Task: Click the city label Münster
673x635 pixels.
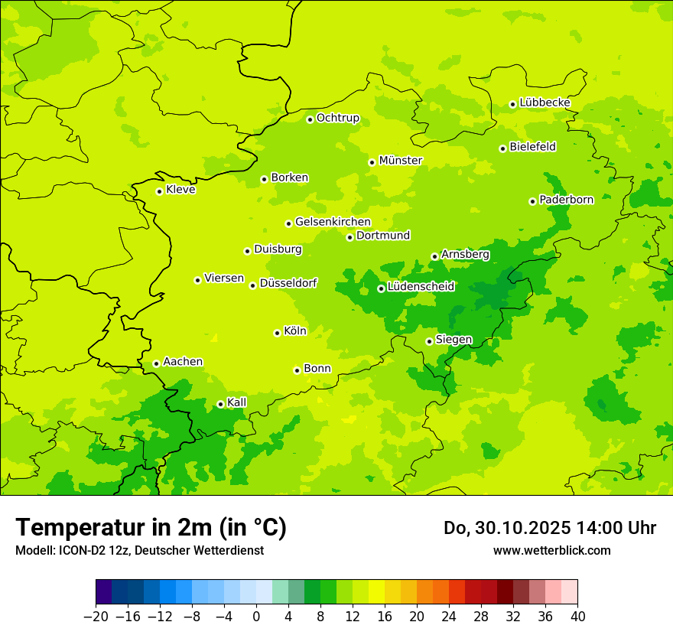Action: (x=400, y=161)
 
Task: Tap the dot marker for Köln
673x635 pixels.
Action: (x=277, y=333)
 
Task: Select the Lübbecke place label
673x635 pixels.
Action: (x=545, y=103)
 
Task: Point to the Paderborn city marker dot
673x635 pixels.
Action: (x=532, y=201)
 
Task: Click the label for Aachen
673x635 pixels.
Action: (x=183, y=362)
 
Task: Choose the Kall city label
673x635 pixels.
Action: (x=236, y=402)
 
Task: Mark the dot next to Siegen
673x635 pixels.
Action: (x=429, y=341)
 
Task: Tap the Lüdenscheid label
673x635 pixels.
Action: (x=421, y=287)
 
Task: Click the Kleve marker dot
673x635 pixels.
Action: (x=159, y=191)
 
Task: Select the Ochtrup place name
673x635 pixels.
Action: (x=337, y=118)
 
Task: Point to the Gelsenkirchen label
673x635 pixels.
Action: (x=333, y=222)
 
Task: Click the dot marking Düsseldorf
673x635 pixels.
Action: (x=252, y=285)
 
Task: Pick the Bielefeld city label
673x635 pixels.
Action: (x=532, y=147)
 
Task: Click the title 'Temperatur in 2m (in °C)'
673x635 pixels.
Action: (x=151, y=528)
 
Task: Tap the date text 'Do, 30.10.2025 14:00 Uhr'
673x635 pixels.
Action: (x=549, y=528)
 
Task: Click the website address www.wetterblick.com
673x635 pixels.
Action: (x=551, y=551)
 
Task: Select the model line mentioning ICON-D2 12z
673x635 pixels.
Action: (x=139, y=551)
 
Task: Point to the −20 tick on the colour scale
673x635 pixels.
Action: (x=96, y=617)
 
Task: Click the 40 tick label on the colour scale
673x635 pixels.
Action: (x=577, y=617)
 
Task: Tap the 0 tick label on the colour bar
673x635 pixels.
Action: (x=256, y=617)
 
